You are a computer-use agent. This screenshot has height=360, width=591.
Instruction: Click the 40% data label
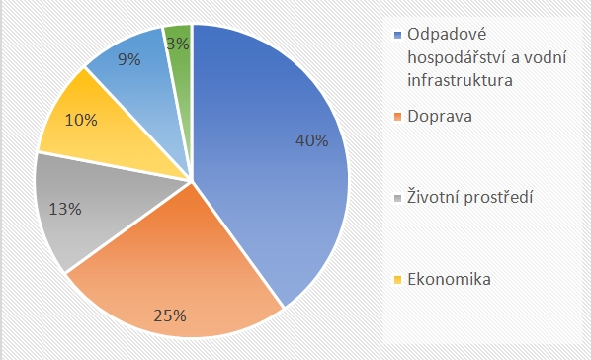pyautogui.click(x=312, y=140)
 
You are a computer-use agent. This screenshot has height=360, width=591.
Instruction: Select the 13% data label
pyautogui.click(x=64, y=209)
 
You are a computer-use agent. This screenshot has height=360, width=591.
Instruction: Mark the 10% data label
pyautogui.click(x=81, y=121)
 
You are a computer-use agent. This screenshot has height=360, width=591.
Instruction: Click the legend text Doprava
pyautogui.click(x=438, y=117)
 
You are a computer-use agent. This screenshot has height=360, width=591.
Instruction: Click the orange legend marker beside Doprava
pyautogui.click(x=397, y=117)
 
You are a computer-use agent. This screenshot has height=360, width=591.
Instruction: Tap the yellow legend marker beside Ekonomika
pyautogui.click(x=397, y=280)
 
